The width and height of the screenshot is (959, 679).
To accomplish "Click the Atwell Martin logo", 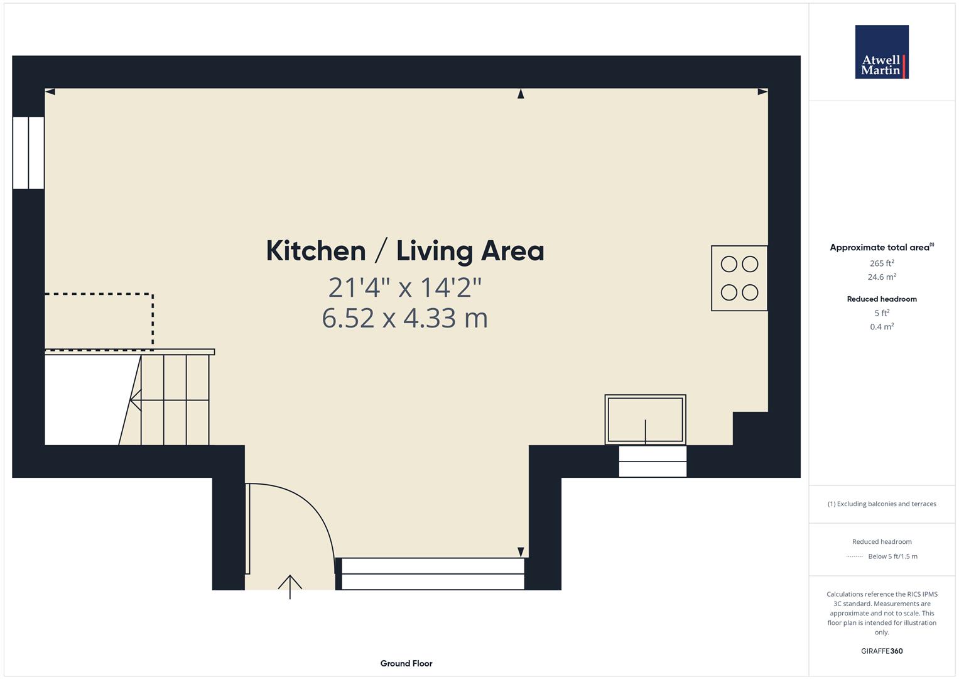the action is click(882, 52).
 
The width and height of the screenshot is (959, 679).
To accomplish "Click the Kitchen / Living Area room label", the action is click(405, 251).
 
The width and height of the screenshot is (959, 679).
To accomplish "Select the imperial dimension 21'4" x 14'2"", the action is click(405, 287).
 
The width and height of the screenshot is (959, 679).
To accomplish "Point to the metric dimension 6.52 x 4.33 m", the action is click(405, 318).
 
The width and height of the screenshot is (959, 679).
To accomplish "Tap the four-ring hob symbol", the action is click(739, 278).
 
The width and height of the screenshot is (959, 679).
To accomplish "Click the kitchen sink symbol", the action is click(645, 420).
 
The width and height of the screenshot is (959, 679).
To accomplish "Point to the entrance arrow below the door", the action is click(290, 587).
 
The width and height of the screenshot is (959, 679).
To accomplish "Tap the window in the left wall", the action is click(28, 153).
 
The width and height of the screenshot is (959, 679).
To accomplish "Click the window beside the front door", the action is click(433, 573).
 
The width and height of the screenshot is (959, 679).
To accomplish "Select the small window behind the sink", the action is click(653, 461).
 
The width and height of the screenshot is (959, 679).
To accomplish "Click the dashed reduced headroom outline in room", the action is click(153, 321).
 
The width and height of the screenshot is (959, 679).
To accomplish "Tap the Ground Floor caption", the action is click(406, 663).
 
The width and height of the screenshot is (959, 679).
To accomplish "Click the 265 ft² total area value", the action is click(882, 263).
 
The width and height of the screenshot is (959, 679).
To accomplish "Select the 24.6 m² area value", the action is click(882, 277).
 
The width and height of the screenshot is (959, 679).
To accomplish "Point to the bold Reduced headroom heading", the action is click(882, 299).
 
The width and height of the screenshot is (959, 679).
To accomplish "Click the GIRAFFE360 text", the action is click(882, 651).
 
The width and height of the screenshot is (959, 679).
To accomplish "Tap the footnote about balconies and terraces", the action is click(882, 504).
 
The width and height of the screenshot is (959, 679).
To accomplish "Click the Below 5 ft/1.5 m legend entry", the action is click(892, 556).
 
